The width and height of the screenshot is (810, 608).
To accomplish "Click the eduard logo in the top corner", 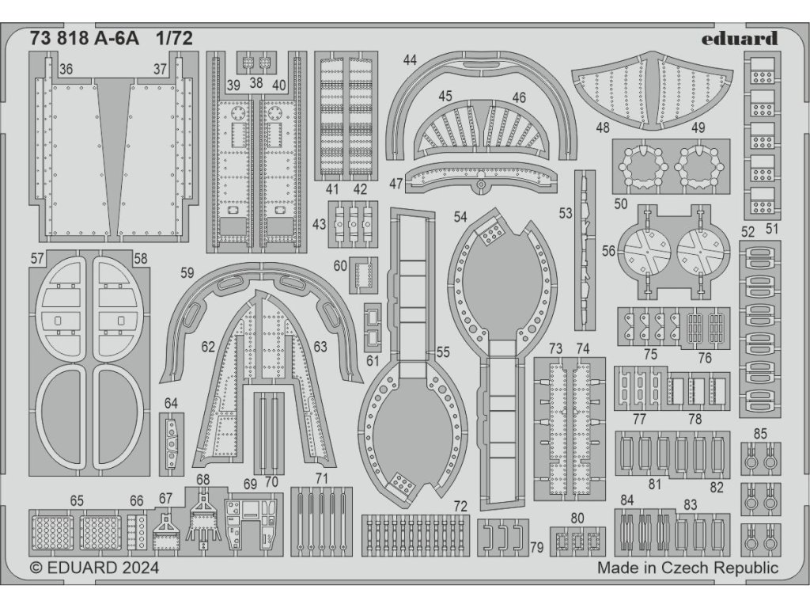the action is point(740,38).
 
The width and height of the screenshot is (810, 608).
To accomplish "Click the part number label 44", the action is point(409,60).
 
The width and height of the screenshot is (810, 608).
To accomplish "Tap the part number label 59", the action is point(187,273).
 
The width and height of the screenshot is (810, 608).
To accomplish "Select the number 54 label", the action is point(460,216).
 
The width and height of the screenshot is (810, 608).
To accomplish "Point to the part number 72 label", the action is point(461,506).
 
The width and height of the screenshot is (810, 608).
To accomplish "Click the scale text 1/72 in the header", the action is point(174,37).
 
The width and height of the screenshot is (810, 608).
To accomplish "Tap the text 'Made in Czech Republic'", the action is point(687,568).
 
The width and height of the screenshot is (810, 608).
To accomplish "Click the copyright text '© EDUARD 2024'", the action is point(94,568).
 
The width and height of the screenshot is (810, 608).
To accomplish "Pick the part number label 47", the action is point(396,184).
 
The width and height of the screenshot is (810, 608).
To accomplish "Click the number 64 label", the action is point(171,404).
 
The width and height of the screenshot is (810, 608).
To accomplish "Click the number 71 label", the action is point(320,478).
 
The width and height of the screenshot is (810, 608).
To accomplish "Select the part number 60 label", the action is point(340,266).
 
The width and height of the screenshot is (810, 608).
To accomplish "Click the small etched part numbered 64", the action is point(171,443).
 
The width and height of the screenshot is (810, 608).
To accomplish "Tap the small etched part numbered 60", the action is point(364,276).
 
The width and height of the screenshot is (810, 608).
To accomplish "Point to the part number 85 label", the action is point(760,433).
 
